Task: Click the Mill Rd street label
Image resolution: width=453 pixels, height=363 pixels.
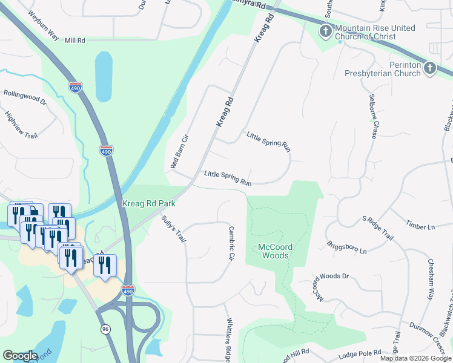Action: click(x=76, y=40)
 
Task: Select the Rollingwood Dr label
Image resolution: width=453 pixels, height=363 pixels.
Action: click(x=25, y=95)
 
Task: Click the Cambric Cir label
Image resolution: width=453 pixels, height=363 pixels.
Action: click(x=230, y=244)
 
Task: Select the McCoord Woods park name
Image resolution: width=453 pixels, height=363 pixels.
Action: click(x=273, y=251)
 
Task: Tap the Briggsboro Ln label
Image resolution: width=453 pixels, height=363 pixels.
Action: click(x=348, y=247)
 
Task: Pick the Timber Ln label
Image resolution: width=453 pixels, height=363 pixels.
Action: click(x=420, y=226)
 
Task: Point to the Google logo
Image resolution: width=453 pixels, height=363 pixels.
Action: click(x=20, y=356)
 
